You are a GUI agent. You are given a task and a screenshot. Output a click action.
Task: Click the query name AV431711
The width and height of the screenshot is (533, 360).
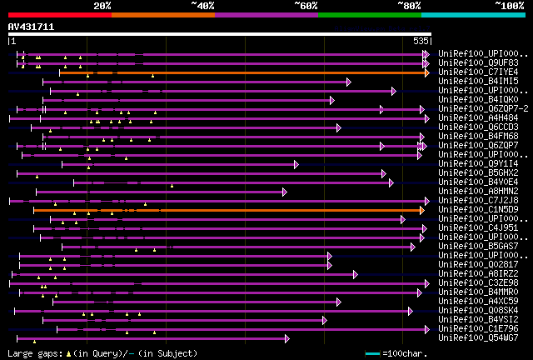(x=32, y=27)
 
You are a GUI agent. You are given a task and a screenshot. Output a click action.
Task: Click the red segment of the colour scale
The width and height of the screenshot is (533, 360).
(x=58, y=14)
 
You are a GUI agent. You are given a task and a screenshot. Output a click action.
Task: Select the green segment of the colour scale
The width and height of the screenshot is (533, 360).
(x=369, y=14)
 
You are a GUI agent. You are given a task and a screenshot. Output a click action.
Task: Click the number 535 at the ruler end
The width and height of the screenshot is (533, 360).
(x=421, y=40)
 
